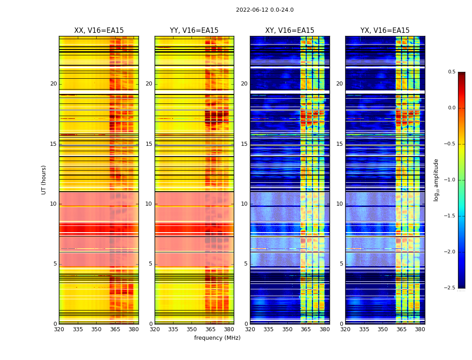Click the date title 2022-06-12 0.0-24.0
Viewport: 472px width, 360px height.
coord(265,10)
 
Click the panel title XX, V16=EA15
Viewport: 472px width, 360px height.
coord(99,31)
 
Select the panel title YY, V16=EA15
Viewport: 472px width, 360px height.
coord(194,31)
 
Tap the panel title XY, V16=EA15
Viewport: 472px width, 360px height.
coord(289,31)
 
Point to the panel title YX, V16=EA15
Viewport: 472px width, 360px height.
coord(385,31)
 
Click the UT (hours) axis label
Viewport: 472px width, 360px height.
coord(44,180)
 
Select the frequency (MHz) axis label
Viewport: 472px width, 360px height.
coord(217,338)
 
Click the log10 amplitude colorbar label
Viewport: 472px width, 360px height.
coord(436,180)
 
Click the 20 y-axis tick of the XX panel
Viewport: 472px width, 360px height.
coord(53,84)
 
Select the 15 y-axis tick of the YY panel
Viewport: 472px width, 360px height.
coord(149,144)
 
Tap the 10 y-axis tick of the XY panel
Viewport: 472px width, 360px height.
coord(245,204)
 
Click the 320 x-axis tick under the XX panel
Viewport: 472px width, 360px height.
coord(59,329)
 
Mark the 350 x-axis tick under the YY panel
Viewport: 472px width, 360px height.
coord(192,329)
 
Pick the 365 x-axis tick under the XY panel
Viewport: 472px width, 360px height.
coord(306,329)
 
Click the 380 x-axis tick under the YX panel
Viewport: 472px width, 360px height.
coord(420,329)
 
